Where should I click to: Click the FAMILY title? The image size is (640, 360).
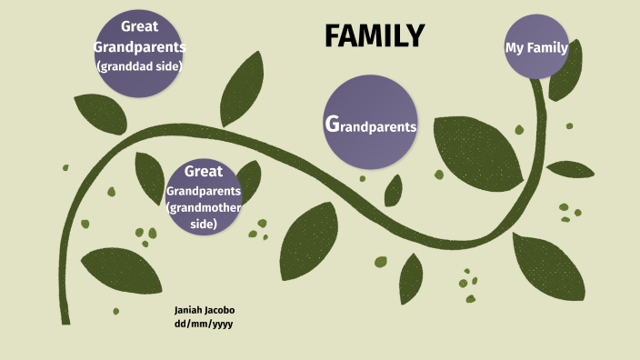pos(375,35)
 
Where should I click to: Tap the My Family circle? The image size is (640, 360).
pos(536,48)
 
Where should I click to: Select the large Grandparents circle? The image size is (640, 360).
pos(370,123)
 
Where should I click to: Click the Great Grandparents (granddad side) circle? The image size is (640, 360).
pos(139,56)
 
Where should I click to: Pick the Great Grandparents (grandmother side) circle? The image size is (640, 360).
pos(203,196)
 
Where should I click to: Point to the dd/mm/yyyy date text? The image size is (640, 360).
pos(204,324)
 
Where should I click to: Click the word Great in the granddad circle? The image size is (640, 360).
pos(140,27)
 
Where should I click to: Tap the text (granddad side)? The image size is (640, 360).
pos(139,65)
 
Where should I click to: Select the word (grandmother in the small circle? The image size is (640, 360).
pos(204,208)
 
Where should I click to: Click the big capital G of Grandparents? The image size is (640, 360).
pos(332,124)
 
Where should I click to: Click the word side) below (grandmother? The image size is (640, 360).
pos(204,223)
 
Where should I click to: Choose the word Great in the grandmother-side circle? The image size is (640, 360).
pos(204,172)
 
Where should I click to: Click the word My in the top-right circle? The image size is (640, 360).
pos(514,48)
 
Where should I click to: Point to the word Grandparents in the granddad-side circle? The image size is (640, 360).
pos(139,45)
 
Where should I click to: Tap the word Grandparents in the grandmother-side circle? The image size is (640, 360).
pos(204,192)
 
